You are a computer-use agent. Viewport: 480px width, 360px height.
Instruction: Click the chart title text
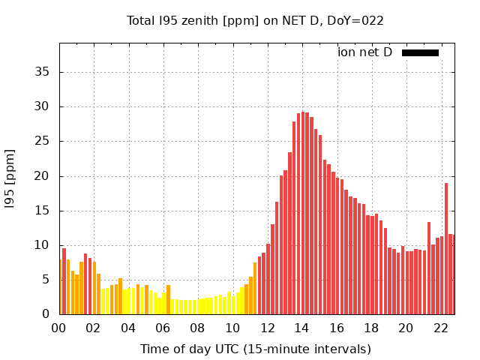point(255,20)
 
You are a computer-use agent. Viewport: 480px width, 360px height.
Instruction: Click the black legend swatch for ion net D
point(420,52)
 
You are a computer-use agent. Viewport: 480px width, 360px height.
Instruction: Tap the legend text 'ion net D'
point(364,52)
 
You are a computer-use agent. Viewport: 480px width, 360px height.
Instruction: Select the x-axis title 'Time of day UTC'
point(255,349)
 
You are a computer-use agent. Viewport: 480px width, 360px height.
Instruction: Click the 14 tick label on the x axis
point(301,328)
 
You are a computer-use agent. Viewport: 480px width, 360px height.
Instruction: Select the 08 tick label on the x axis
point(197,328)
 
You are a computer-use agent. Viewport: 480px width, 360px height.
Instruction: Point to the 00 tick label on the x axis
point(59,328)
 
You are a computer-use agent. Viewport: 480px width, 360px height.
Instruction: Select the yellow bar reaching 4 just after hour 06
point(168,300)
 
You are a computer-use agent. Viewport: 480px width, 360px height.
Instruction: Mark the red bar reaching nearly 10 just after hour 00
point(64,281)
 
